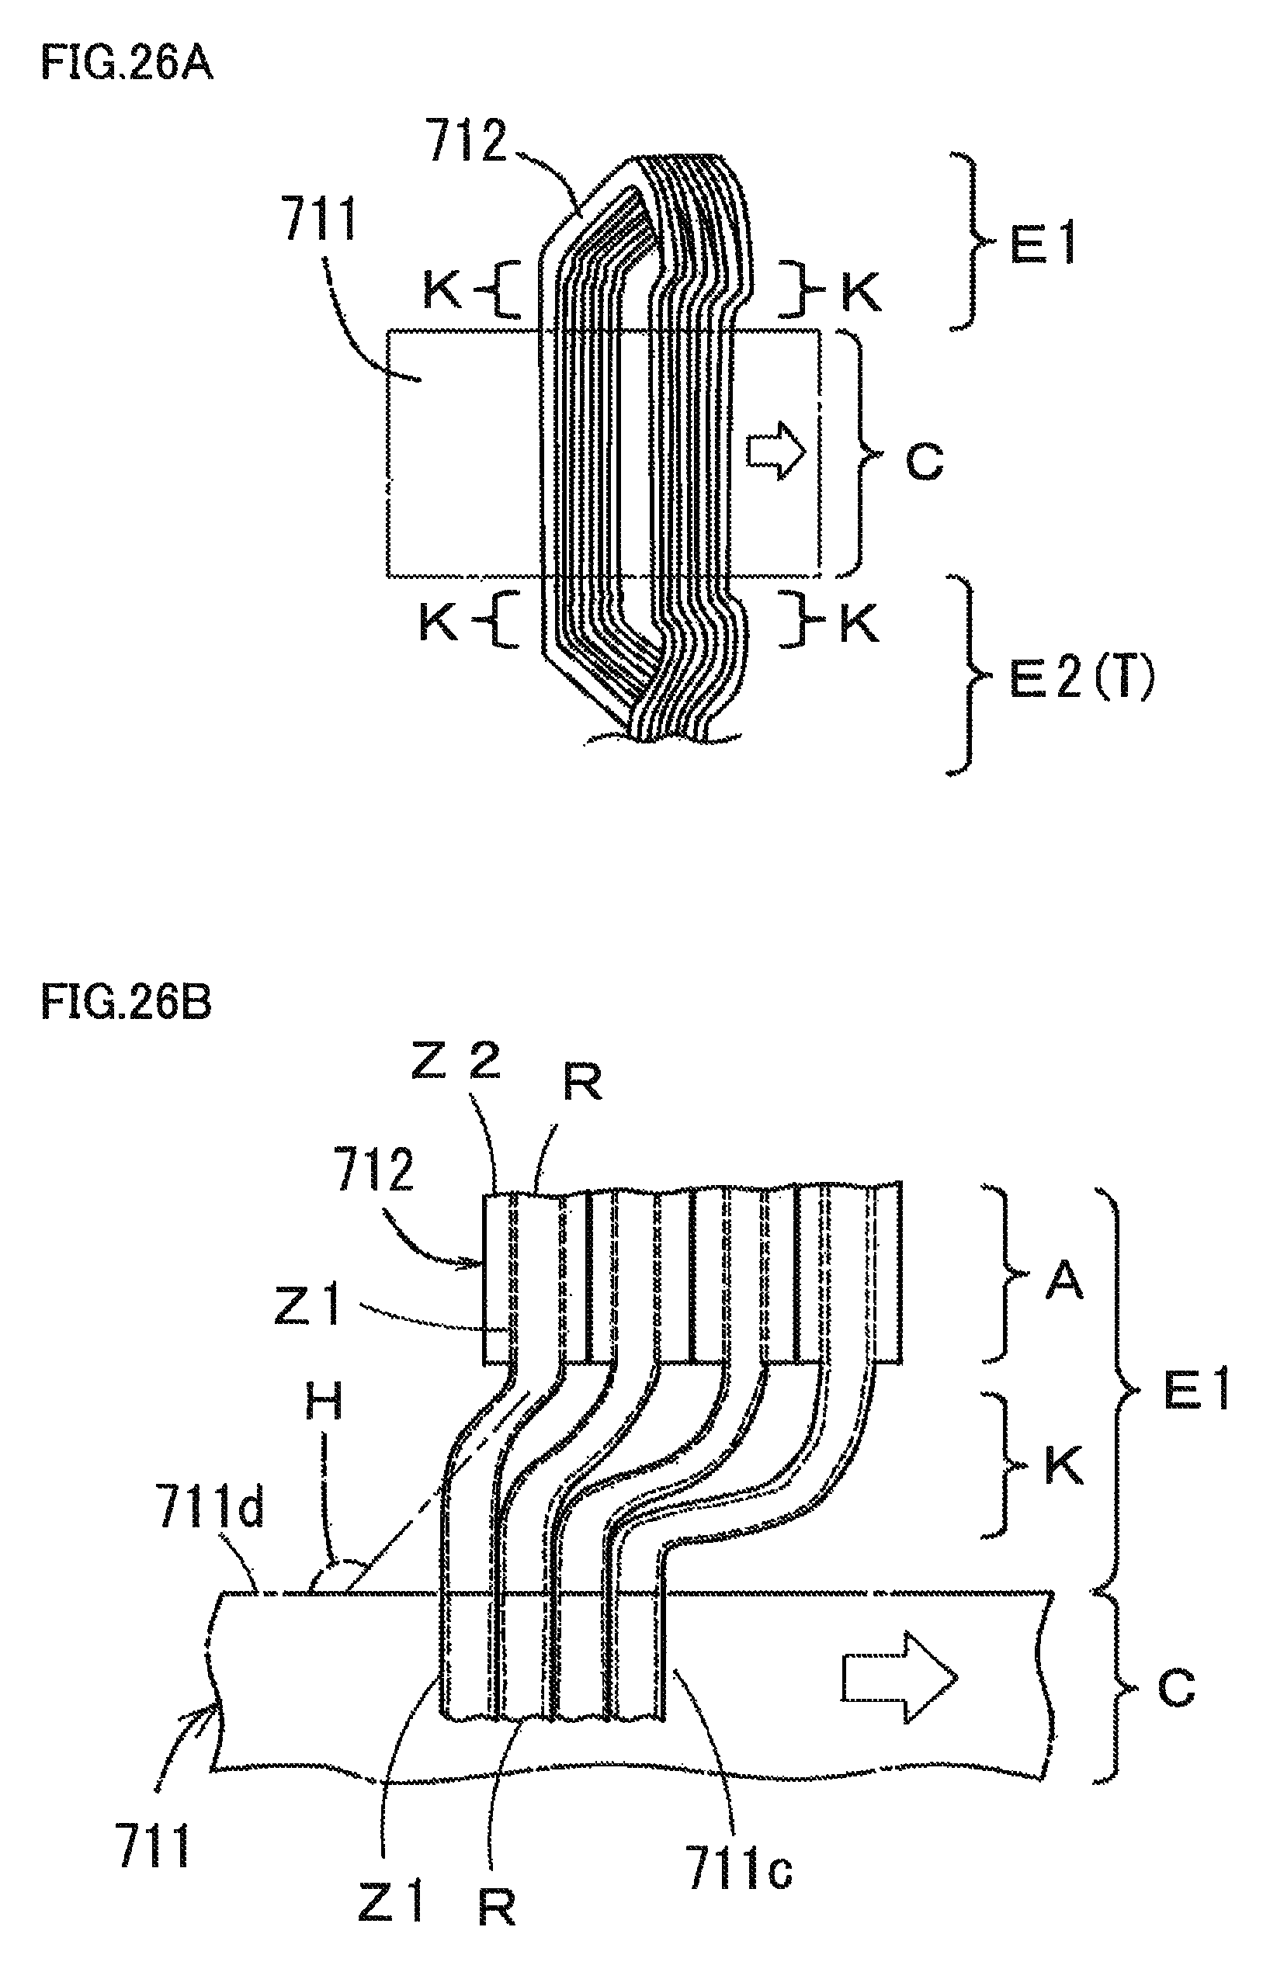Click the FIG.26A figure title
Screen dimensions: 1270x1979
point(127,64)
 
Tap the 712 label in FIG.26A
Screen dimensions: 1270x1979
point(467,142)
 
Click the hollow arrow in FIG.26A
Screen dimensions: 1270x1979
point(776,451)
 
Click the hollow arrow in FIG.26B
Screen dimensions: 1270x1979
point(900,1677)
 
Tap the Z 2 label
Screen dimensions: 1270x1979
point(456,1061)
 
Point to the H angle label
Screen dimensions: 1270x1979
point(323,1401)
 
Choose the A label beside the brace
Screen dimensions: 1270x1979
point(1064,1280)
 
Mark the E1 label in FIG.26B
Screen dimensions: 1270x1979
point(1195,1389)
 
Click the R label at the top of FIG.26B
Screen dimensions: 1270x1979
point(582,1081)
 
